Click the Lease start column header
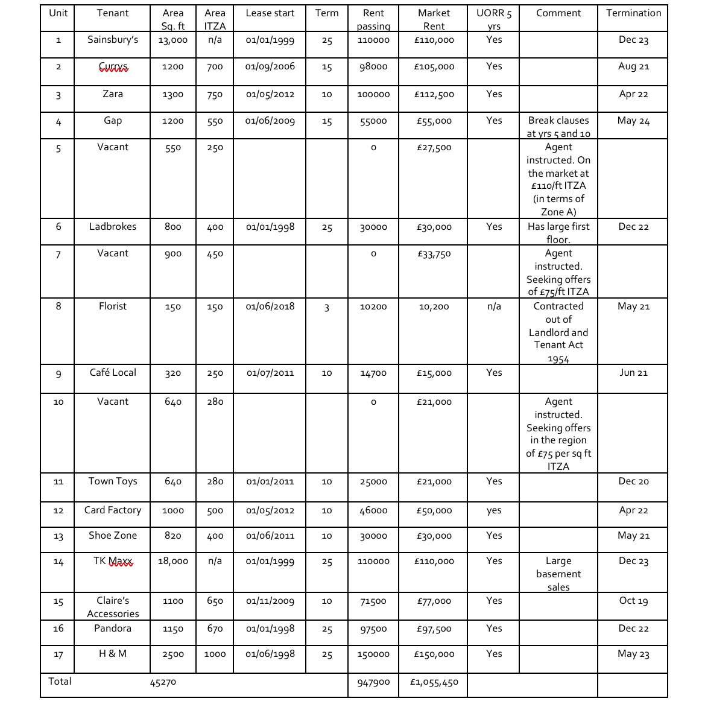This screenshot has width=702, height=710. coord(270,13)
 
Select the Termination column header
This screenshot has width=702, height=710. coord(633,13)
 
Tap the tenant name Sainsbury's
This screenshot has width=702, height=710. coord(113,40)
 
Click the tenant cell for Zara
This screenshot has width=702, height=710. coord(113,94)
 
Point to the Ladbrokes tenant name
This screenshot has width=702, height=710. coord(113,227)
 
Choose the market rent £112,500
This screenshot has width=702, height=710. coord(434,95)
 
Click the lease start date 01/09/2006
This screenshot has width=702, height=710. coord(270,66)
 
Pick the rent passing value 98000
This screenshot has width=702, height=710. coord(373,67)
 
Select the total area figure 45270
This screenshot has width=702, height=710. coord(163,682)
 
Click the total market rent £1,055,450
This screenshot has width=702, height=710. coord(434,682)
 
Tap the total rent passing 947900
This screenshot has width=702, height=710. coord(373,682)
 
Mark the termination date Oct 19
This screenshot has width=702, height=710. coord(633,601)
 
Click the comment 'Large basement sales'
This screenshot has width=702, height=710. coord(558,574)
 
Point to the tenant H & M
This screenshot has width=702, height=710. coord(113,654)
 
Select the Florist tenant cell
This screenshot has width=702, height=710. coord(113,306)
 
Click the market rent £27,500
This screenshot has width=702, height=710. coord(434,148)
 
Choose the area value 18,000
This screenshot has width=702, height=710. coord(173,561)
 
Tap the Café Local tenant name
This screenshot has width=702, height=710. coord(113,373)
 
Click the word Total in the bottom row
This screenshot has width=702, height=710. coord(60,682)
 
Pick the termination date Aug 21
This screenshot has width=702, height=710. coord(633,66)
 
